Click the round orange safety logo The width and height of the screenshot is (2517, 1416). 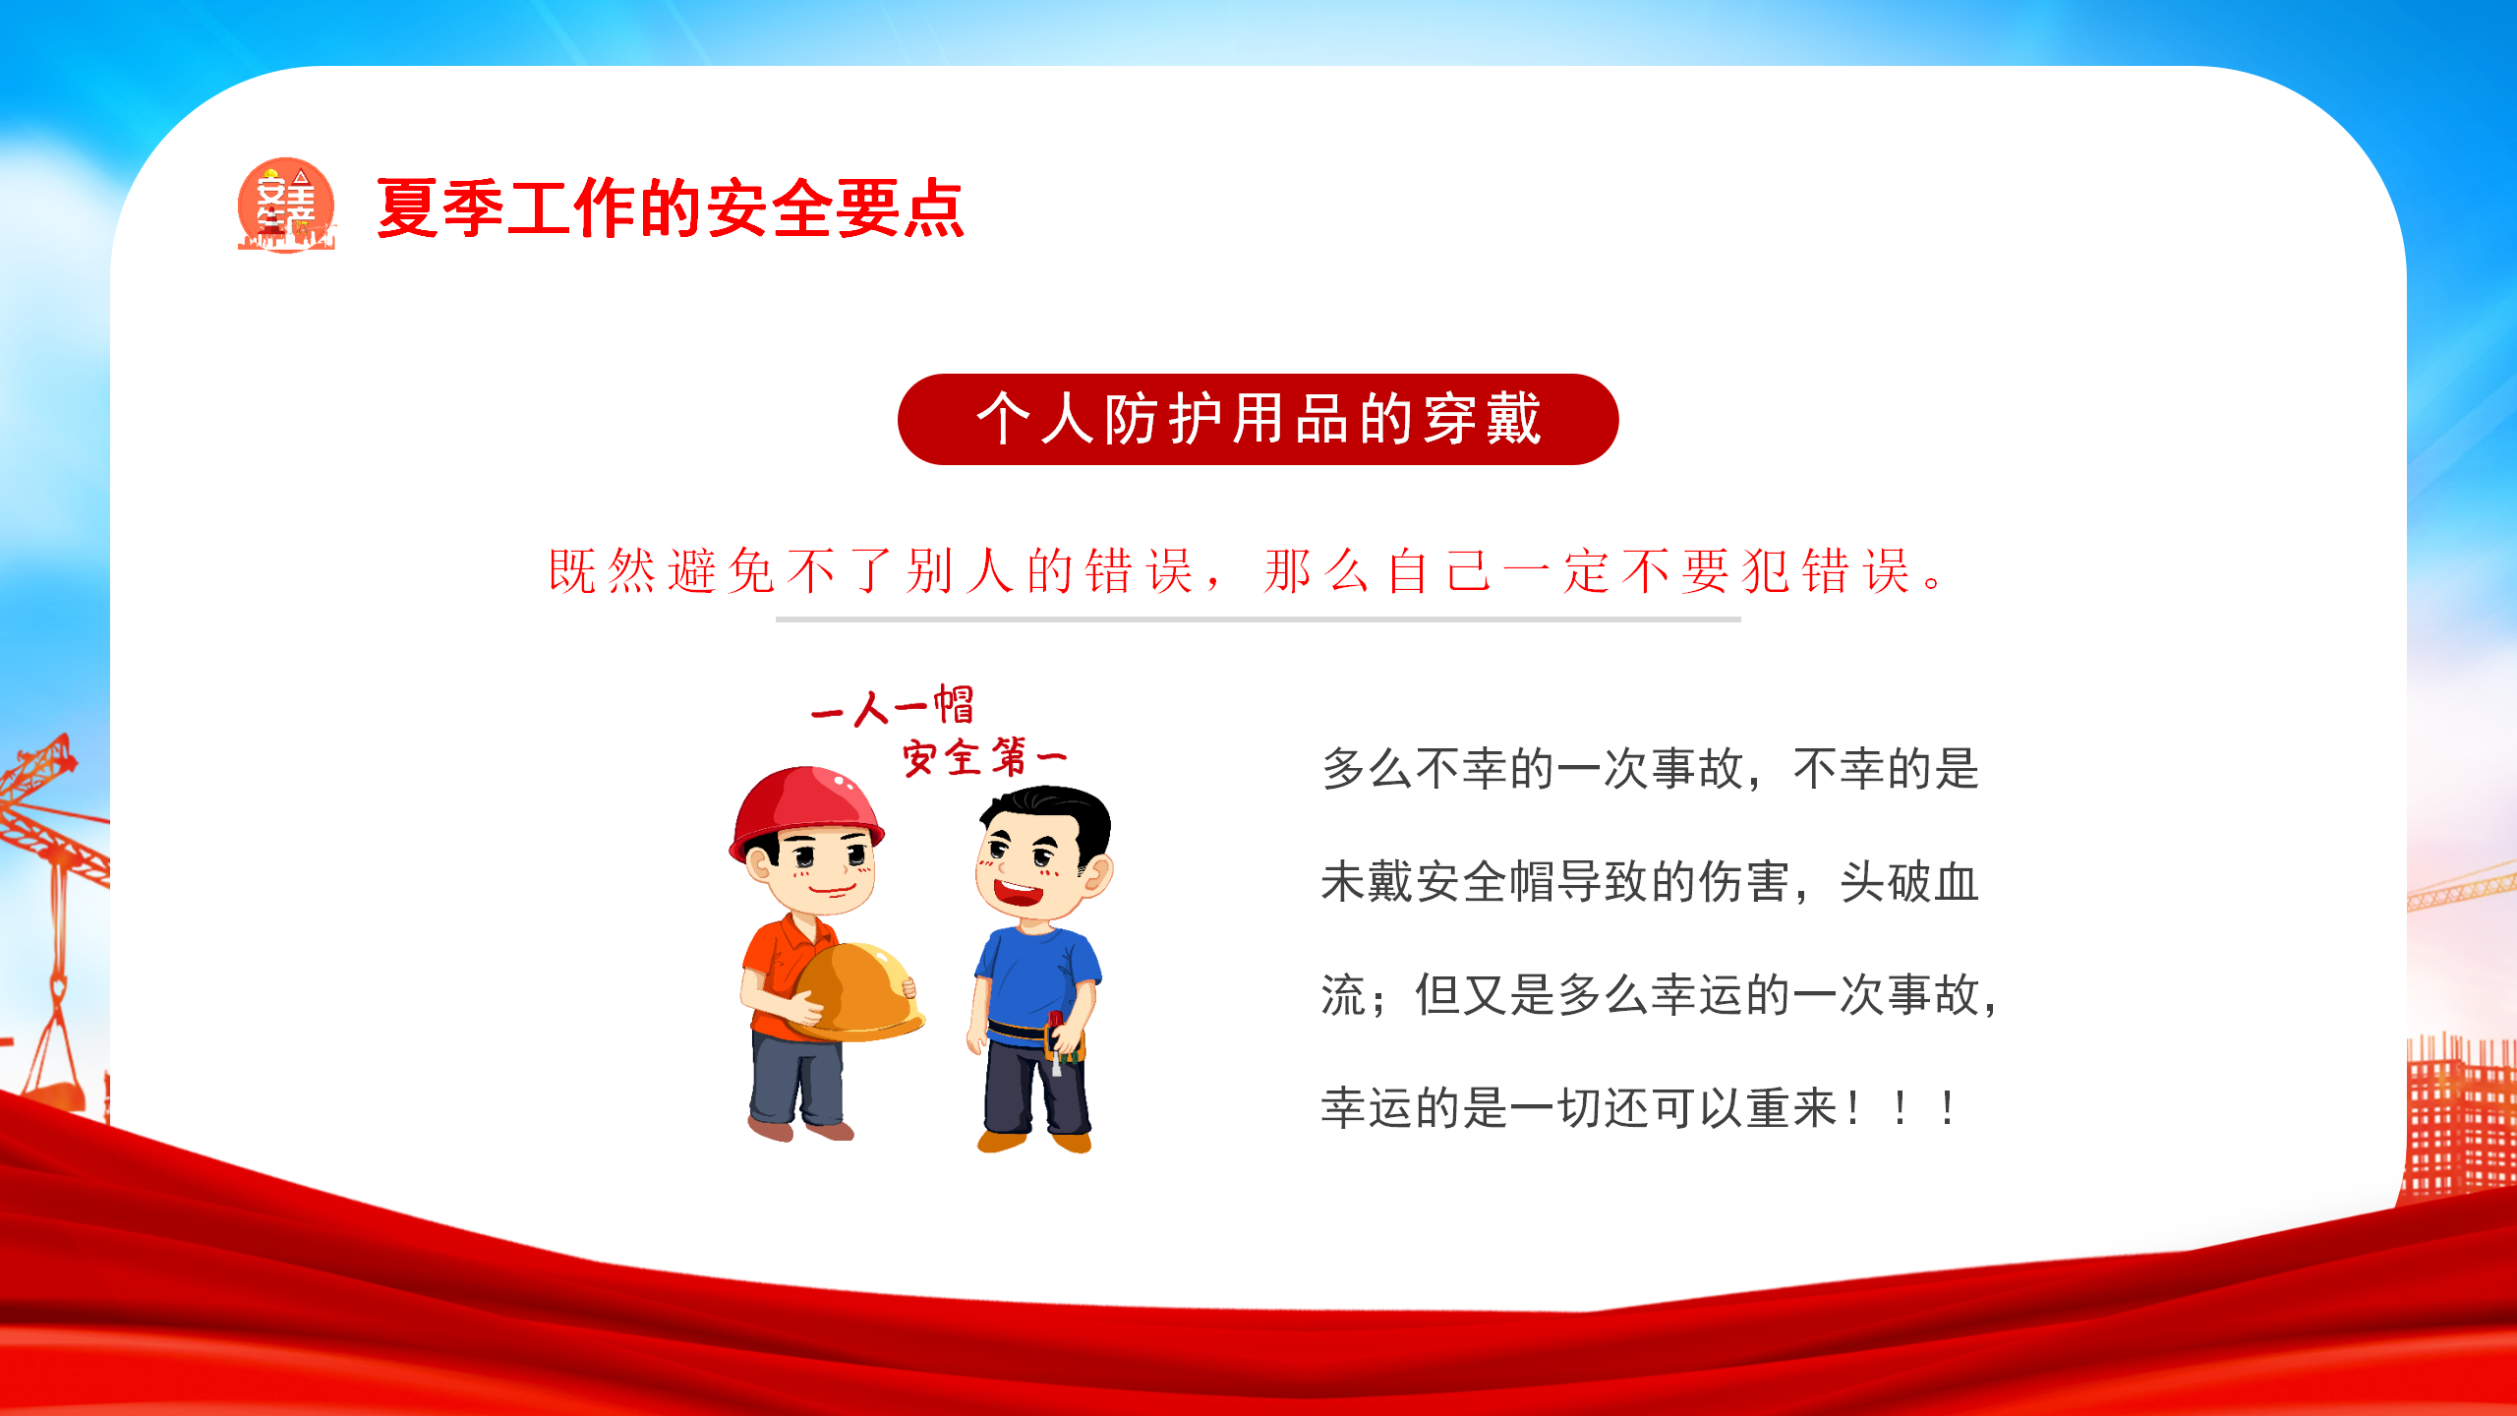click(x=286, y=205)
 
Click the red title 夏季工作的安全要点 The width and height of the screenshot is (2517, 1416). click(x=671, y=207)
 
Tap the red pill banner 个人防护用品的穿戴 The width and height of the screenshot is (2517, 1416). click(x=1258, y=419)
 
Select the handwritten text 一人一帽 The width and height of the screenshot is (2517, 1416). click(x=893, y=706)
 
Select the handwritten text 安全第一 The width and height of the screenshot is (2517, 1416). click(x=984, y=757)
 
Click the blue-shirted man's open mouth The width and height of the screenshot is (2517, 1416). click(x=1018, y=894)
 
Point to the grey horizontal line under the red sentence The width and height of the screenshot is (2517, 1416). click(x=1258, y=619)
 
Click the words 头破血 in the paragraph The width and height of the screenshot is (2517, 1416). click(x=1908, y=882)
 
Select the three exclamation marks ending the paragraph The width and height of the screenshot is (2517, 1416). click(x=1901, y=1109)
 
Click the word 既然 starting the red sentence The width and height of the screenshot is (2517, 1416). click(x=602, y=570)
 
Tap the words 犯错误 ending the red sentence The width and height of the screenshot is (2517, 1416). click(x=1826, y=570)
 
